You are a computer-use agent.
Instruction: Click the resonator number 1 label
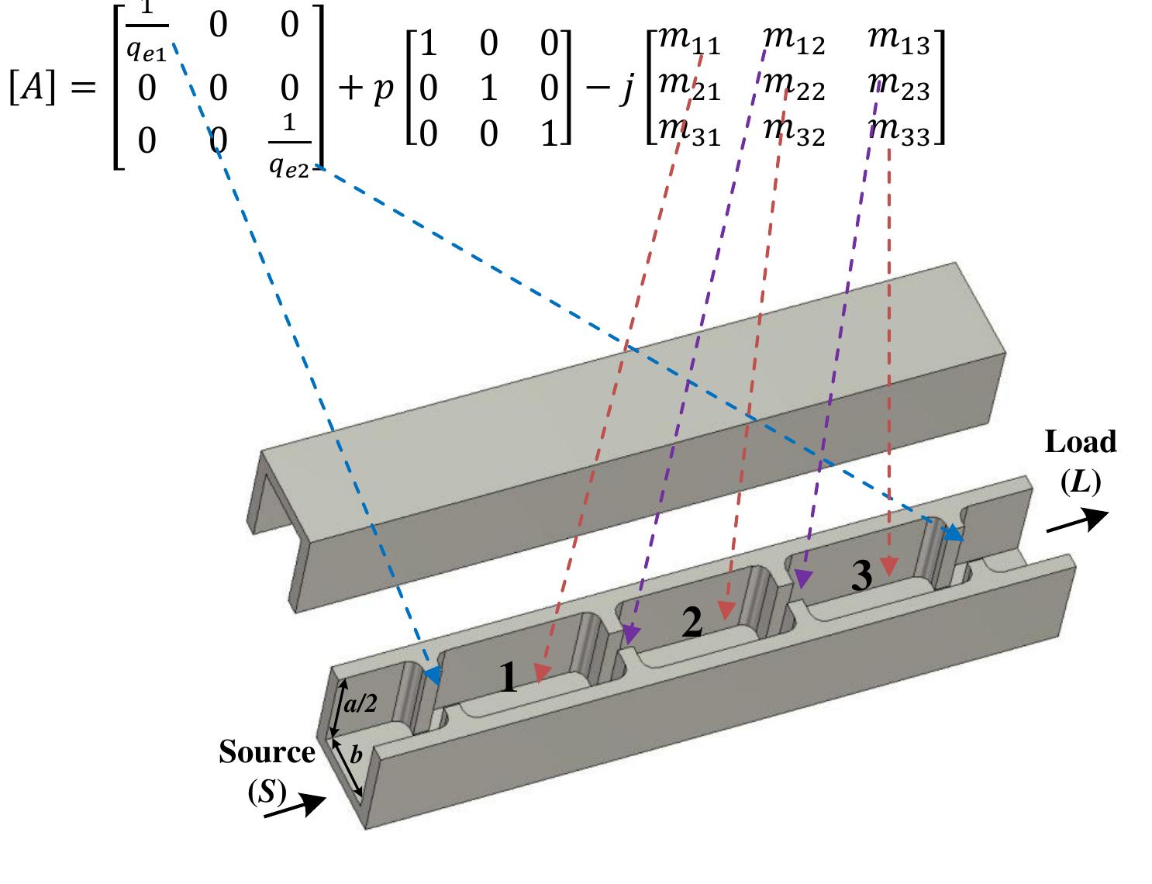tap(508, 679)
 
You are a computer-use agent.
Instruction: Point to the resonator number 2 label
tap(692, 623)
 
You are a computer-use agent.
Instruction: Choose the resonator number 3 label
tap(861, 575)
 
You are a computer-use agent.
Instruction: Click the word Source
tap(267, 751)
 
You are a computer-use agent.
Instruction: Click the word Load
tap(1081, 442)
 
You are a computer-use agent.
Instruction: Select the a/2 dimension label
tap(360, 703)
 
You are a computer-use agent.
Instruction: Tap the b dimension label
tap(356, 755)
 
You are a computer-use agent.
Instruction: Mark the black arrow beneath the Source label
tap(294, 806)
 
